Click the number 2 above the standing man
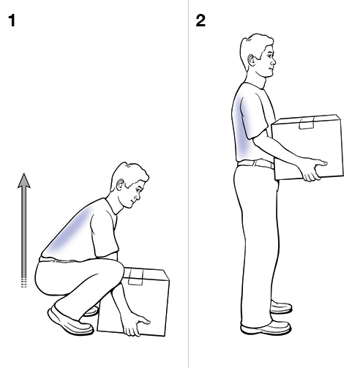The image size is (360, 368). tap(200, 20)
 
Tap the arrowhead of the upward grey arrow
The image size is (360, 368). tap(24, 181)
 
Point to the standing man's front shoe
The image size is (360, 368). tap(271, 328)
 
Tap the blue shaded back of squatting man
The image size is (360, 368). tap(70, 234)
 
